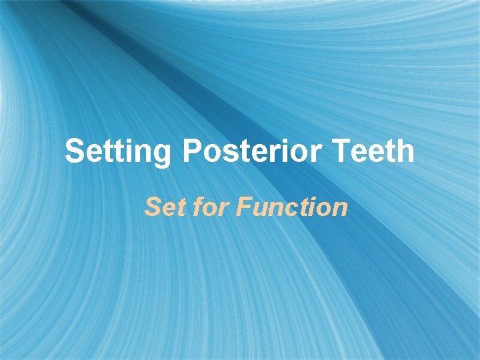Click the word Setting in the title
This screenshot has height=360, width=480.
[x=118, y=152]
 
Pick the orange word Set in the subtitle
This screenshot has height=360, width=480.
[x=159, y=207]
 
